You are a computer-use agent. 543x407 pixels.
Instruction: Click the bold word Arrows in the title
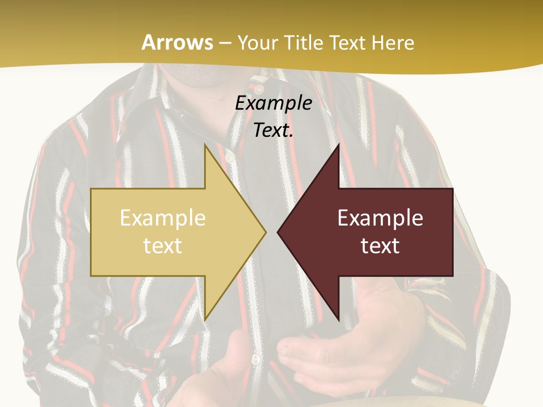click(x=177, y=42)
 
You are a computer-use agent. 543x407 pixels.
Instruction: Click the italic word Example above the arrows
click(x=273, y=103)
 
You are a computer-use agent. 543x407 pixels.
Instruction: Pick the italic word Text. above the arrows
click(x=273, y=131)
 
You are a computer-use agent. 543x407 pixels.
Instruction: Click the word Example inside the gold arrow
click(x=162, y=218)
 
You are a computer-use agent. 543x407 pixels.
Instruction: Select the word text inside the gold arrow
click(x=162, y=246)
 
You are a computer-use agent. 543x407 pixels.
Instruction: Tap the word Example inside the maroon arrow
click(x=380, y=218)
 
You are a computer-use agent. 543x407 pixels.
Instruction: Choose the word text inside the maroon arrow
click(x=380, y=246)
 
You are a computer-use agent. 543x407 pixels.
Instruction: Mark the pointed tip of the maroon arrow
click(x=278, y=232)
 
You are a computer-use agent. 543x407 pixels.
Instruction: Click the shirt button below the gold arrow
click(x=256, y=360)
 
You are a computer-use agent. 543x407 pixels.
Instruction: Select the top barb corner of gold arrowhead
click(x=205, y=145)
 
